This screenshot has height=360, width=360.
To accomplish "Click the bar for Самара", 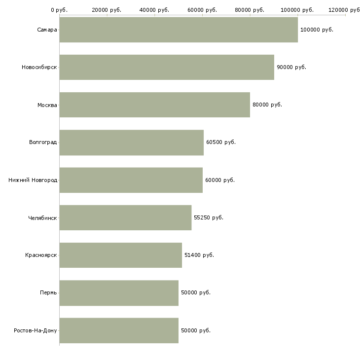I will [x=179, y=30].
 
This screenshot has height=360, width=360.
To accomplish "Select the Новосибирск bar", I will [x=167, y=67].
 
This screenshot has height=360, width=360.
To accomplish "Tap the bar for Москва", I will [x=155, y=105].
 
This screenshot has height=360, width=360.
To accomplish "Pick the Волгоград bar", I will [x=132, y=143].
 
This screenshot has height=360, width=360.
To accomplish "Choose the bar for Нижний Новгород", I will [x=131, y=180].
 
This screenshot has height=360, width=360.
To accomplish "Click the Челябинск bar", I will [x=125, y=217].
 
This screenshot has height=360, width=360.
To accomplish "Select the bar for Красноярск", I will [x=121, y=255].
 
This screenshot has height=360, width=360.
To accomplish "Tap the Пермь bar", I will [x=119, y=292].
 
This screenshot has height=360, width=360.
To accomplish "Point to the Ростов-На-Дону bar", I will [x=119, y=330].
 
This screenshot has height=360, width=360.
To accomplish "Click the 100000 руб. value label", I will [x=317, y=30].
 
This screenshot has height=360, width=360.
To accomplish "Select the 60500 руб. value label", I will [x=221, y=143].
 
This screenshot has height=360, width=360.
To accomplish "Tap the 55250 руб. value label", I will [x=209, y=217].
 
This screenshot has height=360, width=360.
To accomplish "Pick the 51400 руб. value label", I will [x=199, y=255].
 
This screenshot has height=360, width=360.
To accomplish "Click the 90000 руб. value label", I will [x=291, y=67].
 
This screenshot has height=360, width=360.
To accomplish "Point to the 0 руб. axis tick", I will [x=59, y=10].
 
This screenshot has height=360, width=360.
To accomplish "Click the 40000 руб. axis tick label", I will [x=154, y=10].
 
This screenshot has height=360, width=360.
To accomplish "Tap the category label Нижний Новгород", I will [x=33, y=180].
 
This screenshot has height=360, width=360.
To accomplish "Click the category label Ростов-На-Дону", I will [x=36, y=330].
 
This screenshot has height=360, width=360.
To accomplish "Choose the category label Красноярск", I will [x=41, y=255].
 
